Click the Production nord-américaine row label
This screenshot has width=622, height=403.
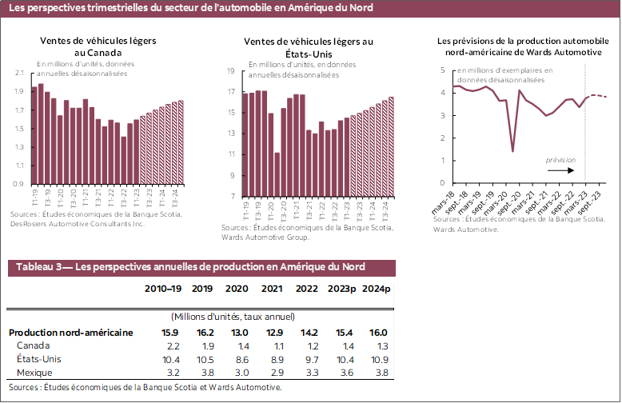pos(70,333)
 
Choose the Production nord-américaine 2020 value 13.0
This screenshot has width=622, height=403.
pos(237,333)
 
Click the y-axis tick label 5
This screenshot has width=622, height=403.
pos(442,70)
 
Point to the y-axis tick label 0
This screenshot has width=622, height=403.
pos(442,183)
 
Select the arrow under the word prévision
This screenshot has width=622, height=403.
pos(560,170)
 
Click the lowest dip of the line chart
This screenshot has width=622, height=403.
pos(512,150)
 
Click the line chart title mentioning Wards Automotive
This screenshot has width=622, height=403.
pos(518,46)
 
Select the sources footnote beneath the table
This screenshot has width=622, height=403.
pos(145,387)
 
